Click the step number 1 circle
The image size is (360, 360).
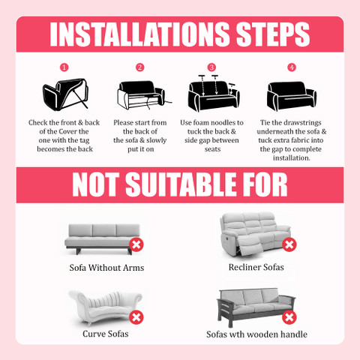click(x=64, y=67)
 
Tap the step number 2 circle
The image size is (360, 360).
click(x=139, y=67)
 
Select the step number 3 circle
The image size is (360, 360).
click(x=211, y=67)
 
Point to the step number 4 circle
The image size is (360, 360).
click(x=292, y=67)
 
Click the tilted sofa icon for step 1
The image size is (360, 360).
click(x=65, y=94)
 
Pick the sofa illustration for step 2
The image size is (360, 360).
click(x=144, y=95)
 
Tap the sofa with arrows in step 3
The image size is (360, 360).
click(x=214, y=93)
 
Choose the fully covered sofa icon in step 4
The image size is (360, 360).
click(x=292, y=96)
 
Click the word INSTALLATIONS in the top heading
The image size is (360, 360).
click(x=139, y=34)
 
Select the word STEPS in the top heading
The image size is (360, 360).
click(x=273, y=34)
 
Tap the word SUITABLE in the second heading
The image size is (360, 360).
click(x=181, y=184)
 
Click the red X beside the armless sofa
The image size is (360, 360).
click(x=136, y=244)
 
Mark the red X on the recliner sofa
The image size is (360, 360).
click(x=289, y=244)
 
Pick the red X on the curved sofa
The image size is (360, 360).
click(x=136, y=317)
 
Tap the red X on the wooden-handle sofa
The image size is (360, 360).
click(x=289, y=317)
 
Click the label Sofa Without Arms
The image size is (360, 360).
click(x=106, y=268)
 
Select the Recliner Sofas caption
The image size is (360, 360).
click(x=256, y=267)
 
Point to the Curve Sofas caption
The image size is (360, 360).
click(x=106, y=334)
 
